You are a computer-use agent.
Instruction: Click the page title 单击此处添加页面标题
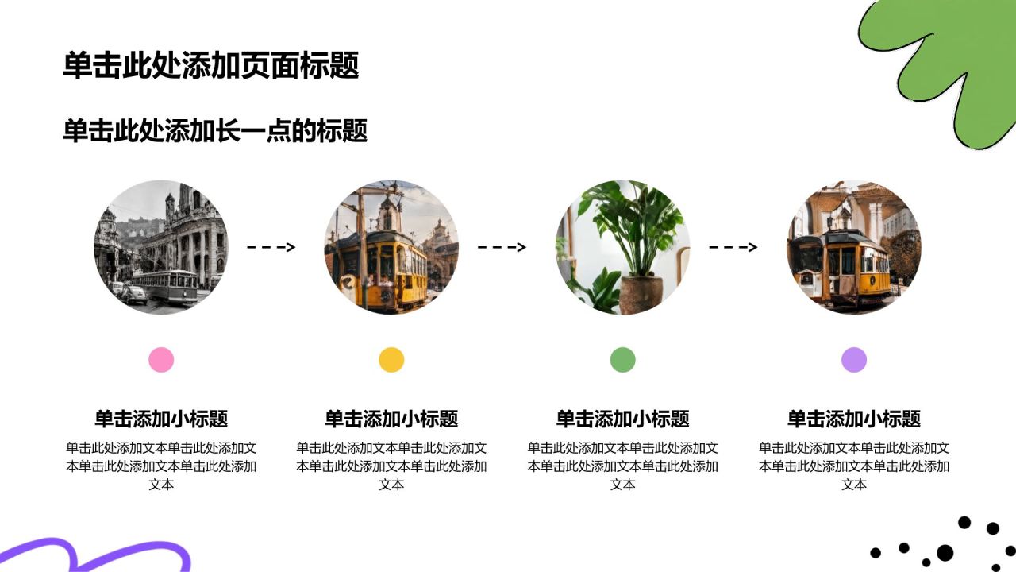tap(211, 65)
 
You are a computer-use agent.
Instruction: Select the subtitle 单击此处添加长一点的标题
tap(215, 131)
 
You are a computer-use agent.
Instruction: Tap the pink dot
tap(161, 360)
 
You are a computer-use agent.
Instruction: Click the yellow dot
tap(391, 360)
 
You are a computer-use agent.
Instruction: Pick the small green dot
tap(623, 360)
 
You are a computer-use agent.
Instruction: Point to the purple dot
tap(854, 360)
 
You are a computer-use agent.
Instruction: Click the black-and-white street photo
tap(161, 247)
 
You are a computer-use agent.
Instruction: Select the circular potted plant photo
tap(623, 247)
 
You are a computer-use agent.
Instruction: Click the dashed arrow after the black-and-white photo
tap(271, 247)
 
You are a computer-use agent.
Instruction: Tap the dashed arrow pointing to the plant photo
tap(502, 247)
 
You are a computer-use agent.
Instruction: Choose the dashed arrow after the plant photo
tap(733, 247)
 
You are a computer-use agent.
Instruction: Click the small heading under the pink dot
tap(161, 419)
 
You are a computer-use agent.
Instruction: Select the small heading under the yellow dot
tap(391, 419)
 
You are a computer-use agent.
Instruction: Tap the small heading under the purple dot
tap(854, 419)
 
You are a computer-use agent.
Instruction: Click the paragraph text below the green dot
tap(623, 466)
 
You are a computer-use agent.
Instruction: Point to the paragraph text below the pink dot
tap(161, 466)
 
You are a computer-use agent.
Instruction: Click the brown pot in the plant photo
tap(641, 294)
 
